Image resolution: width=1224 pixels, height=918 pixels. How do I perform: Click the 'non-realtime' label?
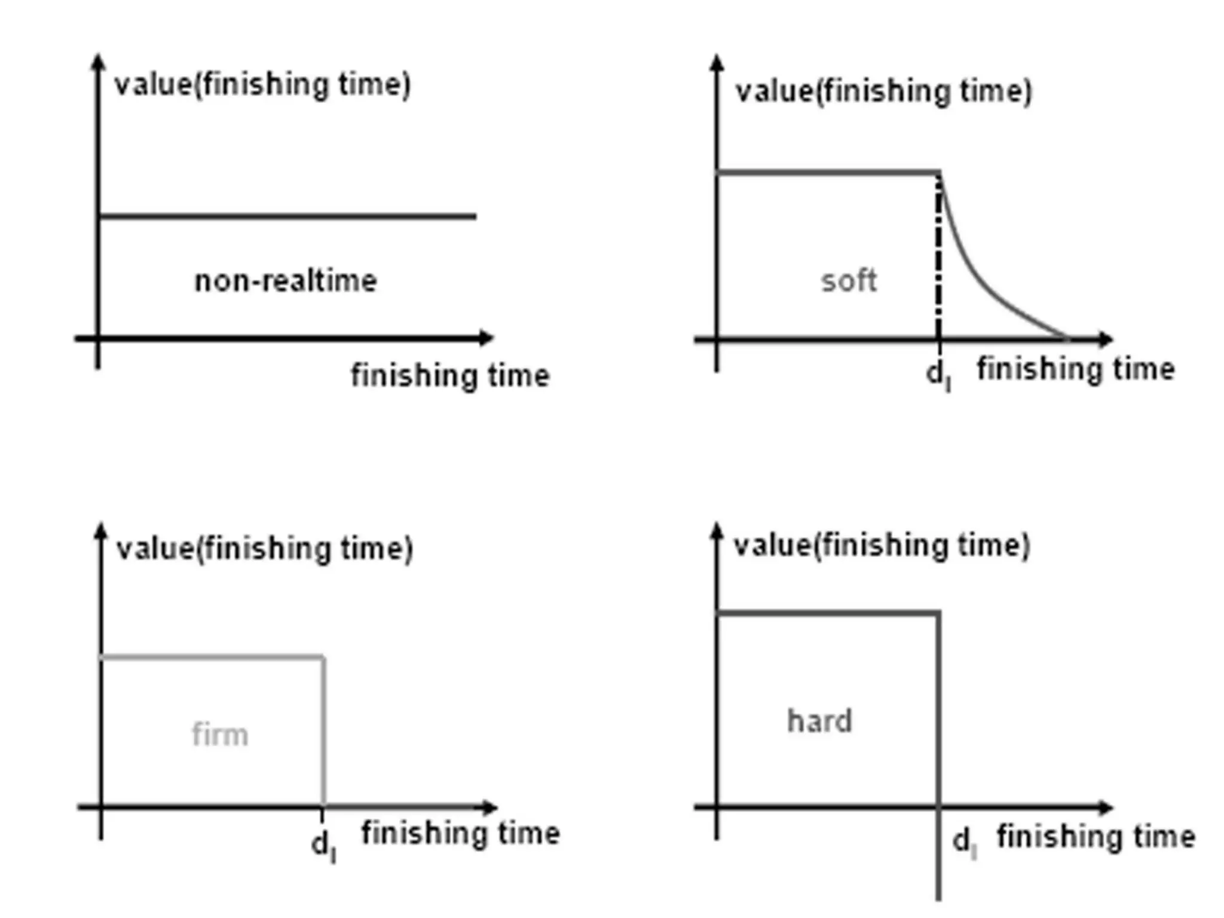[286, 281]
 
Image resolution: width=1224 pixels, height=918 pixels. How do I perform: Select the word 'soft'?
[849, 280]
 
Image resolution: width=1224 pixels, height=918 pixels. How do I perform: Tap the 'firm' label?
[220, 735]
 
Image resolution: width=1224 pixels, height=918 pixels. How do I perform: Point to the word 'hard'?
[819, 721]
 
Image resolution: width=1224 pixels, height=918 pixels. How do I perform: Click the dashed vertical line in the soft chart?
[938, 257]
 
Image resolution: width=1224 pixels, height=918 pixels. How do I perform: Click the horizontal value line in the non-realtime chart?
[287, 216]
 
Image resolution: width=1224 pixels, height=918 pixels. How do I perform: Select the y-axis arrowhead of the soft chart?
[717, 63]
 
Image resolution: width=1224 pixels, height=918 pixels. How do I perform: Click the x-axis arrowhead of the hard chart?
[1105, 807]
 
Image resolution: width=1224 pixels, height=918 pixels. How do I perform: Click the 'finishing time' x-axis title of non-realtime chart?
[450, 376]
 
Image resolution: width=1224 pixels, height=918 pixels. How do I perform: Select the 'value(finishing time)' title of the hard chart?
[882, 546]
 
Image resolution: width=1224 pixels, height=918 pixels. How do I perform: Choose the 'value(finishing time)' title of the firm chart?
[265, 549]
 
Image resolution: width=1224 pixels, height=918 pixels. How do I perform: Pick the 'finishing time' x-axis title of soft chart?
[1076, 369]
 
